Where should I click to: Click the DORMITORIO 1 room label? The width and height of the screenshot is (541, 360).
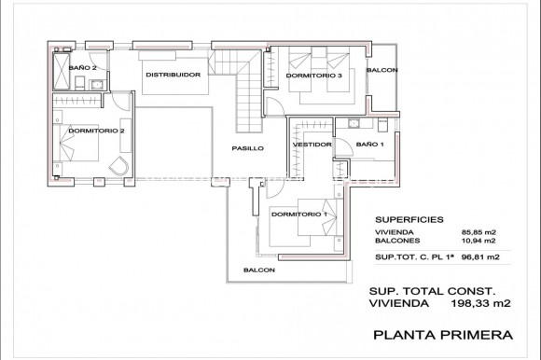coord(298,215)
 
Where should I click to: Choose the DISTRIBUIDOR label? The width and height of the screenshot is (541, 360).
coord(173,75)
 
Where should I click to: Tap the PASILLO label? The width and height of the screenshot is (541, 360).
coord(248,148)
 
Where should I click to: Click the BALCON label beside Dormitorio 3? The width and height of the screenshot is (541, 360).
coord(381,71)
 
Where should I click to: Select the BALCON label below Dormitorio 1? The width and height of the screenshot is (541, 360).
coord(259,270)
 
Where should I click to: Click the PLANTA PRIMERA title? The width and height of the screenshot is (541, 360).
coord(441,333)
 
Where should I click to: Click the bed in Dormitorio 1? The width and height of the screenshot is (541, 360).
coord(312,222)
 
